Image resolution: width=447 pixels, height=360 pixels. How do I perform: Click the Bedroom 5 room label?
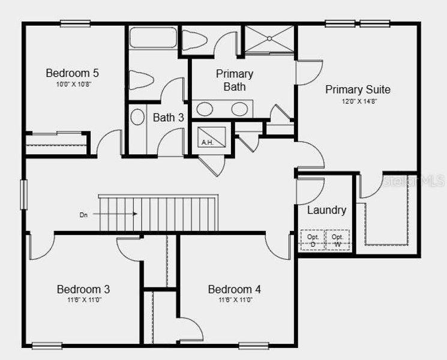(72, 73)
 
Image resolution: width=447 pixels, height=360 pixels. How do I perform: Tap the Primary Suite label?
(358, 89)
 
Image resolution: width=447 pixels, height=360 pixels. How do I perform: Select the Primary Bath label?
(235, 80)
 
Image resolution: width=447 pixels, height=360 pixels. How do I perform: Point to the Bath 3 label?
(168, 118)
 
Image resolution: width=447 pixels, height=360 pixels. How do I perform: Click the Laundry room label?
(326, 210)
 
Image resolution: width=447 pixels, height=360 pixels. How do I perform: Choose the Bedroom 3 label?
(83, 289)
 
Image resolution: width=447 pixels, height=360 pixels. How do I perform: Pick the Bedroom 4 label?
(234, 289)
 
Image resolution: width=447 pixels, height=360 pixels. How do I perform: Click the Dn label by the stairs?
(83, 214)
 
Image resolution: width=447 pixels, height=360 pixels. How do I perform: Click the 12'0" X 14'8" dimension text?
(358, 101)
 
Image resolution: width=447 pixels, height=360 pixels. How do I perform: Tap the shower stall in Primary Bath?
(269, 40)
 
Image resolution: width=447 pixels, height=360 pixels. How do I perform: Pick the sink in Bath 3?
(137, 117)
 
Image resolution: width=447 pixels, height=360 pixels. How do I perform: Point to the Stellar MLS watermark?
(414, 180)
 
